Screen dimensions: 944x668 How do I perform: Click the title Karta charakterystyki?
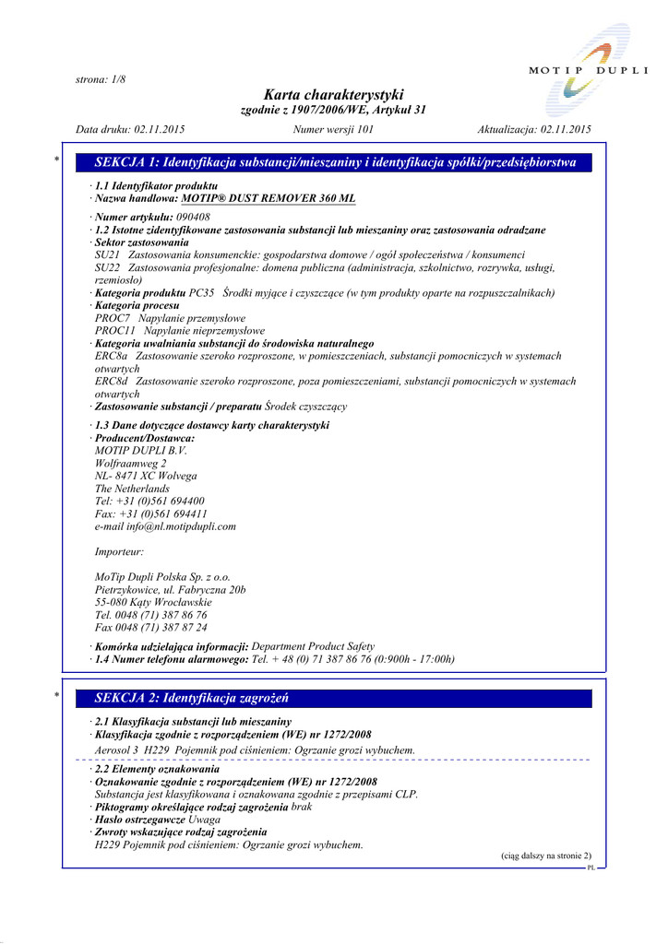pos(333,95)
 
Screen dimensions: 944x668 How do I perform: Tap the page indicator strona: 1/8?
pos(100,79)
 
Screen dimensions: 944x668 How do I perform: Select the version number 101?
pos(363,130)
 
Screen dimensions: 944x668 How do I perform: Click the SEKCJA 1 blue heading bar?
pos(334,163)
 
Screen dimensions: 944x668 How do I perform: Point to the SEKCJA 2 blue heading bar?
pos(334,698)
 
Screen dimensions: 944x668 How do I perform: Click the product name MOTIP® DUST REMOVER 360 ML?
pos(268,198)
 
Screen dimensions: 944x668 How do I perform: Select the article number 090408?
pos(192,217)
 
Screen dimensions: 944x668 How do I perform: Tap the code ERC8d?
pos(111,381)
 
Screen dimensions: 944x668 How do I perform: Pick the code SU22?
pos(107,267)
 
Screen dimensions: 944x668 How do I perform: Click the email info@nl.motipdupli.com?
pos(165,526)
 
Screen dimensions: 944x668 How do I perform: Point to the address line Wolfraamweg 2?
pos(131,464)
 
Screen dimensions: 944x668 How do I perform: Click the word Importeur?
pos(119,551)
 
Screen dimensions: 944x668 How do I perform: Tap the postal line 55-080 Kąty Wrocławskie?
pos(153,602)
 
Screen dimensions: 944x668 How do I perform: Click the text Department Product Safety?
pos(313,646)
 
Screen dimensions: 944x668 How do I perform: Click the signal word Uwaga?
pos(204,819)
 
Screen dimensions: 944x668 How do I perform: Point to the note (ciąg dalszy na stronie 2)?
pos(546,856)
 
